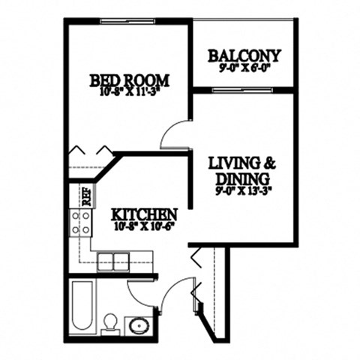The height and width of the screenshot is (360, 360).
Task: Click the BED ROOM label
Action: [x=129, y=79]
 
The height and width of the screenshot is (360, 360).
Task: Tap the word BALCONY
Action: [x=244, y=55]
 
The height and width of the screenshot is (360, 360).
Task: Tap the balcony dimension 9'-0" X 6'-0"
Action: [x=244, y=67]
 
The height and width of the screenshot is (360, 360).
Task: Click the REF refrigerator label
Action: [x=85, y=196]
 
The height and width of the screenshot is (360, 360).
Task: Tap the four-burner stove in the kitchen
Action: [x=80, y=222]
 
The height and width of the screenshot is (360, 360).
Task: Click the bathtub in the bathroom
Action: [x=80, y=307]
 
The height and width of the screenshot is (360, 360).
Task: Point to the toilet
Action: [x=109, y=321]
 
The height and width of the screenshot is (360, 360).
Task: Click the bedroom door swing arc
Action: [x=172, y=135]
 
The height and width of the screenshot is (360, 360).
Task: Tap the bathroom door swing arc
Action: [x=140, y=287]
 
